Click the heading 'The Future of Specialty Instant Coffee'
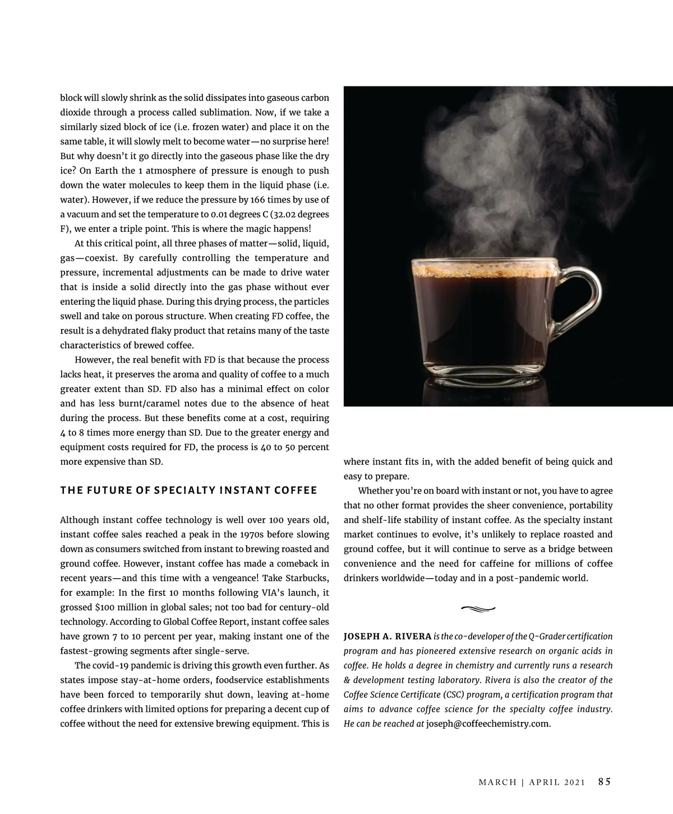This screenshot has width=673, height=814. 188,490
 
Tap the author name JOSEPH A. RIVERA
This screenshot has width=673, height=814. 387,637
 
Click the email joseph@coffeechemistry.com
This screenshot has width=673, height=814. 488,724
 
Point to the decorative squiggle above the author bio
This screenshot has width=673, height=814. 478,608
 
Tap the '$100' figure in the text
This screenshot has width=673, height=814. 105,607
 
